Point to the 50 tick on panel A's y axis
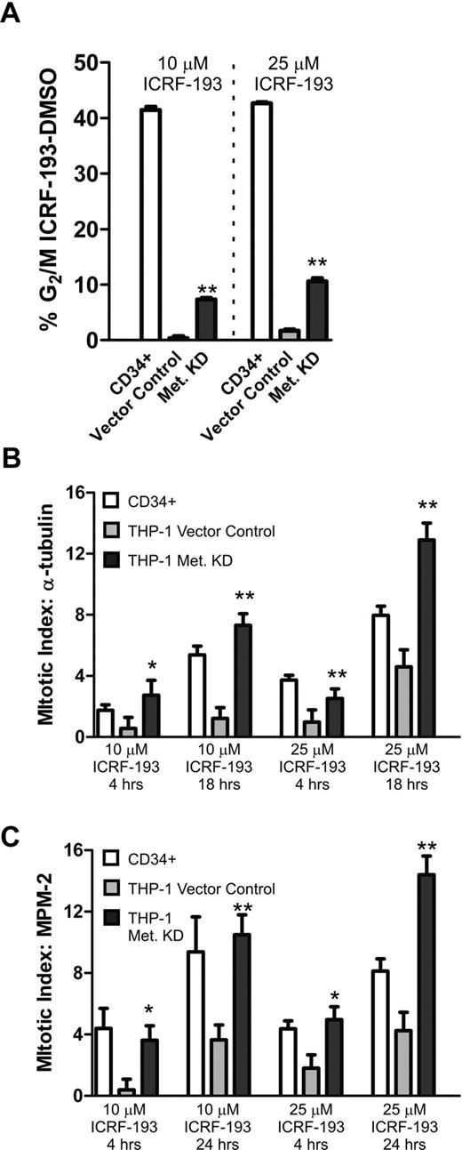[x=89, y=62]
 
